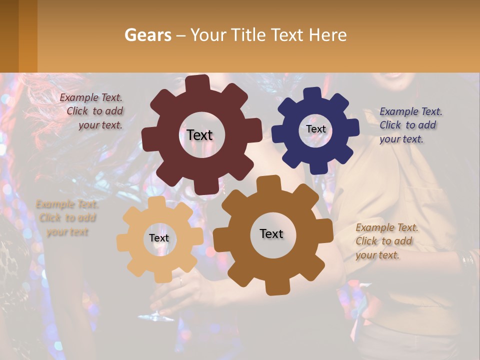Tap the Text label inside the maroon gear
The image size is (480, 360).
click(x=199, y=135)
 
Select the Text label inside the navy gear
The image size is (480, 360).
click(x=315, y=129)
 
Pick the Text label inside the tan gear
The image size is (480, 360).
click(x=159, y=238)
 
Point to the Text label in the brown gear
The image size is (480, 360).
click(x=271, y=233)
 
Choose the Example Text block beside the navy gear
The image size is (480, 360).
click(x=410, y=125)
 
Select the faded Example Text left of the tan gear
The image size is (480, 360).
click(x=67, y=218)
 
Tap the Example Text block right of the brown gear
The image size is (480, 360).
click(x=386, y=241)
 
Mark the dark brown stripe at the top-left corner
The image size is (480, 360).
click(x=9, y=36)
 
